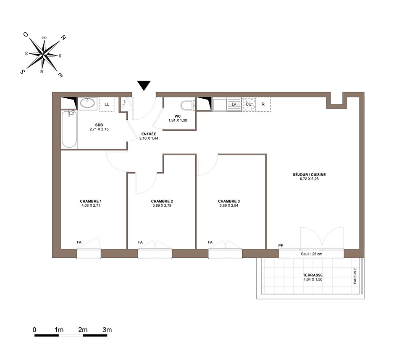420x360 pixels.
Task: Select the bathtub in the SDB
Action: tap(69, 129)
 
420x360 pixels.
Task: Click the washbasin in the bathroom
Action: tap(87, 103)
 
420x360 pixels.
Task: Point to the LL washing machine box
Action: tap(107, 104)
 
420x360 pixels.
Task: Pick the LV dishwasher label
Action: tap(234, 104)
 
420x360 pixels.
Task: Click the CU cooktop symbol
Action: tap(249, 104)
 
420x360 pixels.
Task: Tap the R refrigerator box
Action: tap(263, 104)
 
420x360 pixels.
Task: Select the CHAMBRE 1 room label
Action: tap(91, 201)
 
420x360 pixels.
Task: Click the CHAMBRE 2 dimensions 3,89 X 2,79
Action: tap(162, 205)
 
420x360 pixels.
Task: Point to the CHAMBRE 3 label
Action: tap(229, 201)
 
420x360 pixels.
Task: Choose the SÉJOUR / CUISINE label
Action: tap(309, 174)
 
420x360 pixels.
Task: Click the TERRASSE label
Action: tap(313, 275)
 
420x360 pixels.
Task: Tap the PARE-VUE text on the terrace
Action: tap(355, 276)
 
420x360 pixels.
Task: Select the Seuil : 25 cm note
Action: tap(312, 254)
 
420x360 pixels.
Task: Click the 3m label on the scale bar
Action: tap(107, 330)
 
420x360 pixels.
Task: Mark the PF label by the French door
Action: tap(281, 245)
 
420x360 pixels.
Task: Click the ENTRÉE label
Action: tap(149, 134)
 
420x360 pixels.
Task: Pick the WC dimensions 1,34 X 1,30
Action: tap(178, 120)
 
